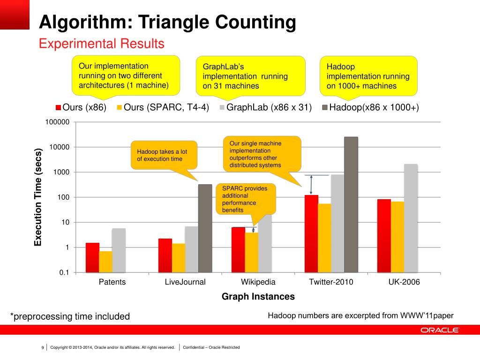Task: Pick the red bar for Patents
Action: point(92,257)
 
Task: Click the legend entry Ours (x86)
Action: point(81,108)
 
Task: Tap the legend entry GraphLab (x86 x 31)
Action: point(265,108)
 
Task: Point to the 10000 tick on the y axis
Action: point(60,147)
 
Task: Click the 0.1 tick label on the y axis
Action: point(64,272)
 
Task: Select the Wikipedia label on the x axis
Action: point(258,282)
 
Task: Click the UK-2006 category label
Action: point(404,282)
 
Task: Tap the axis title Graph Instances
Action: point(258,297)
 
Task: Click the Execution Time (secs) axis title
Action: point(38,197)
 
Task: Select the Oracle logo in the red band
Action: point(439,330)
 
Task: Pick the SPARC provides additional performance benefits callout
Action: point(245,199)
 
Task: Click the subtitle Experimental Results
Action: point(101,44)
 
